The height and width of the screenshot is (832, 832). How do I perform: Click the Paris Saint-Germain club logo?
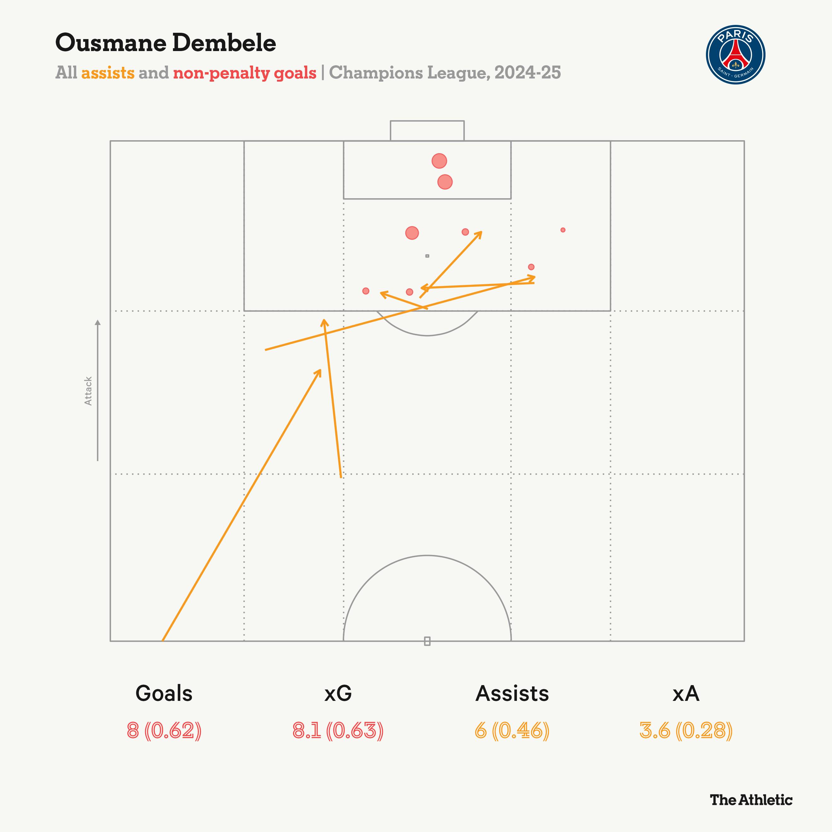tap(735, 55)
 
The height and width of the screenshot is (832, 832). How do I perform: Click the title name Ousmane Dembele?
tap(166, 43)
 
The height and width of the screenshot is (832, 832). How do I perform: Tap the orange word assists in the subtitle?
tap(108, 73)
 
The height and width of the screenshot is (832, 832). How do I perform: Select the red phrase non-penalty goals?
tap(245, 73)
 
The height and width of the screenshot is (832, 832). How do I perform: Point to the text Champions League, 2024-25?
tap(445, 73)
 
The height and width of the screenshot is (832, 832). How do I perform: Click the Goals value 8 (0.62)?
tap(164, 731)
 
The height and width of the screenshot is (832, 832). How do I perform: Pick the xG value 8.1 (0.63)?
tap(338, 731)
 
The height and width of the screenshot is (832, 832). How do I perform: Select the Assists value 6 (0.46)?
tap(512, 731)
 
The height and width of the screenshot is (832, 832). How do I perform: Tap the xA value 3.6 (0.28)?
tap(686, 731)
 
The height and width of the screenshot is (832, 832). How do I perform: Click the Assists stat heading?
tap(512, 693)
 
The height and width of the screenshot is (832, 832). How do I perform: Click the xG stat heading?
tap(338, 693)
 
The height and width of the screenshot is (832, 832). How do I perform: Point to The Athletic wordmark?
tap(751, 800)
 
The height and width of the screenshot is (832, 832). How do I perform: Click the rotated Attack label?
tap(88, 391)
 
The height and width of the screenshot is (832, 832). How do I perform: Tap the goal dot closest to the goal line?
tap(439, 161)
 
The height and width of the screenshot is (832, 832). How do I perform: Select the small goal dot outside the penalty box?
tap(563, 230)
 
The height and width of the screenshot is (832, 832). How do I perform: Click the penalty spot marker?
tap(427, 256)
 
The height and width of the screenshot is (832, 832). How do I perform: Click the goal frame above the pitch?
tap(427, 130)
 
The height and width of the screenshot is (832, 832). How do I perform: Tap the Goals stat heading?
tap(164, 693)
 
